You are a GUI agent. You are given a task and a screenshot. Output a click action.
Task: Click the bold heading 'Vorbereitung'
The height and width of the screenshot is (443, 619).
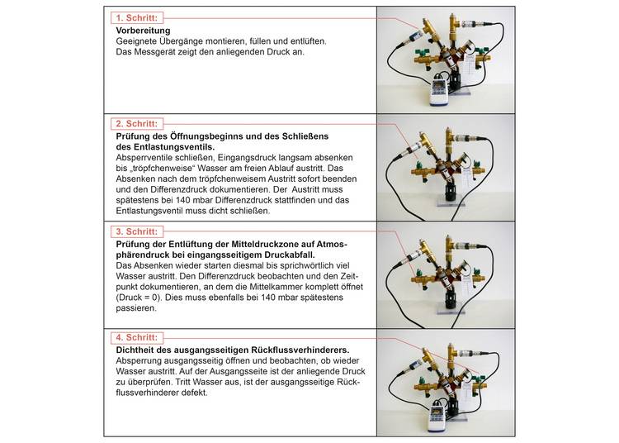point(139,30)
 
